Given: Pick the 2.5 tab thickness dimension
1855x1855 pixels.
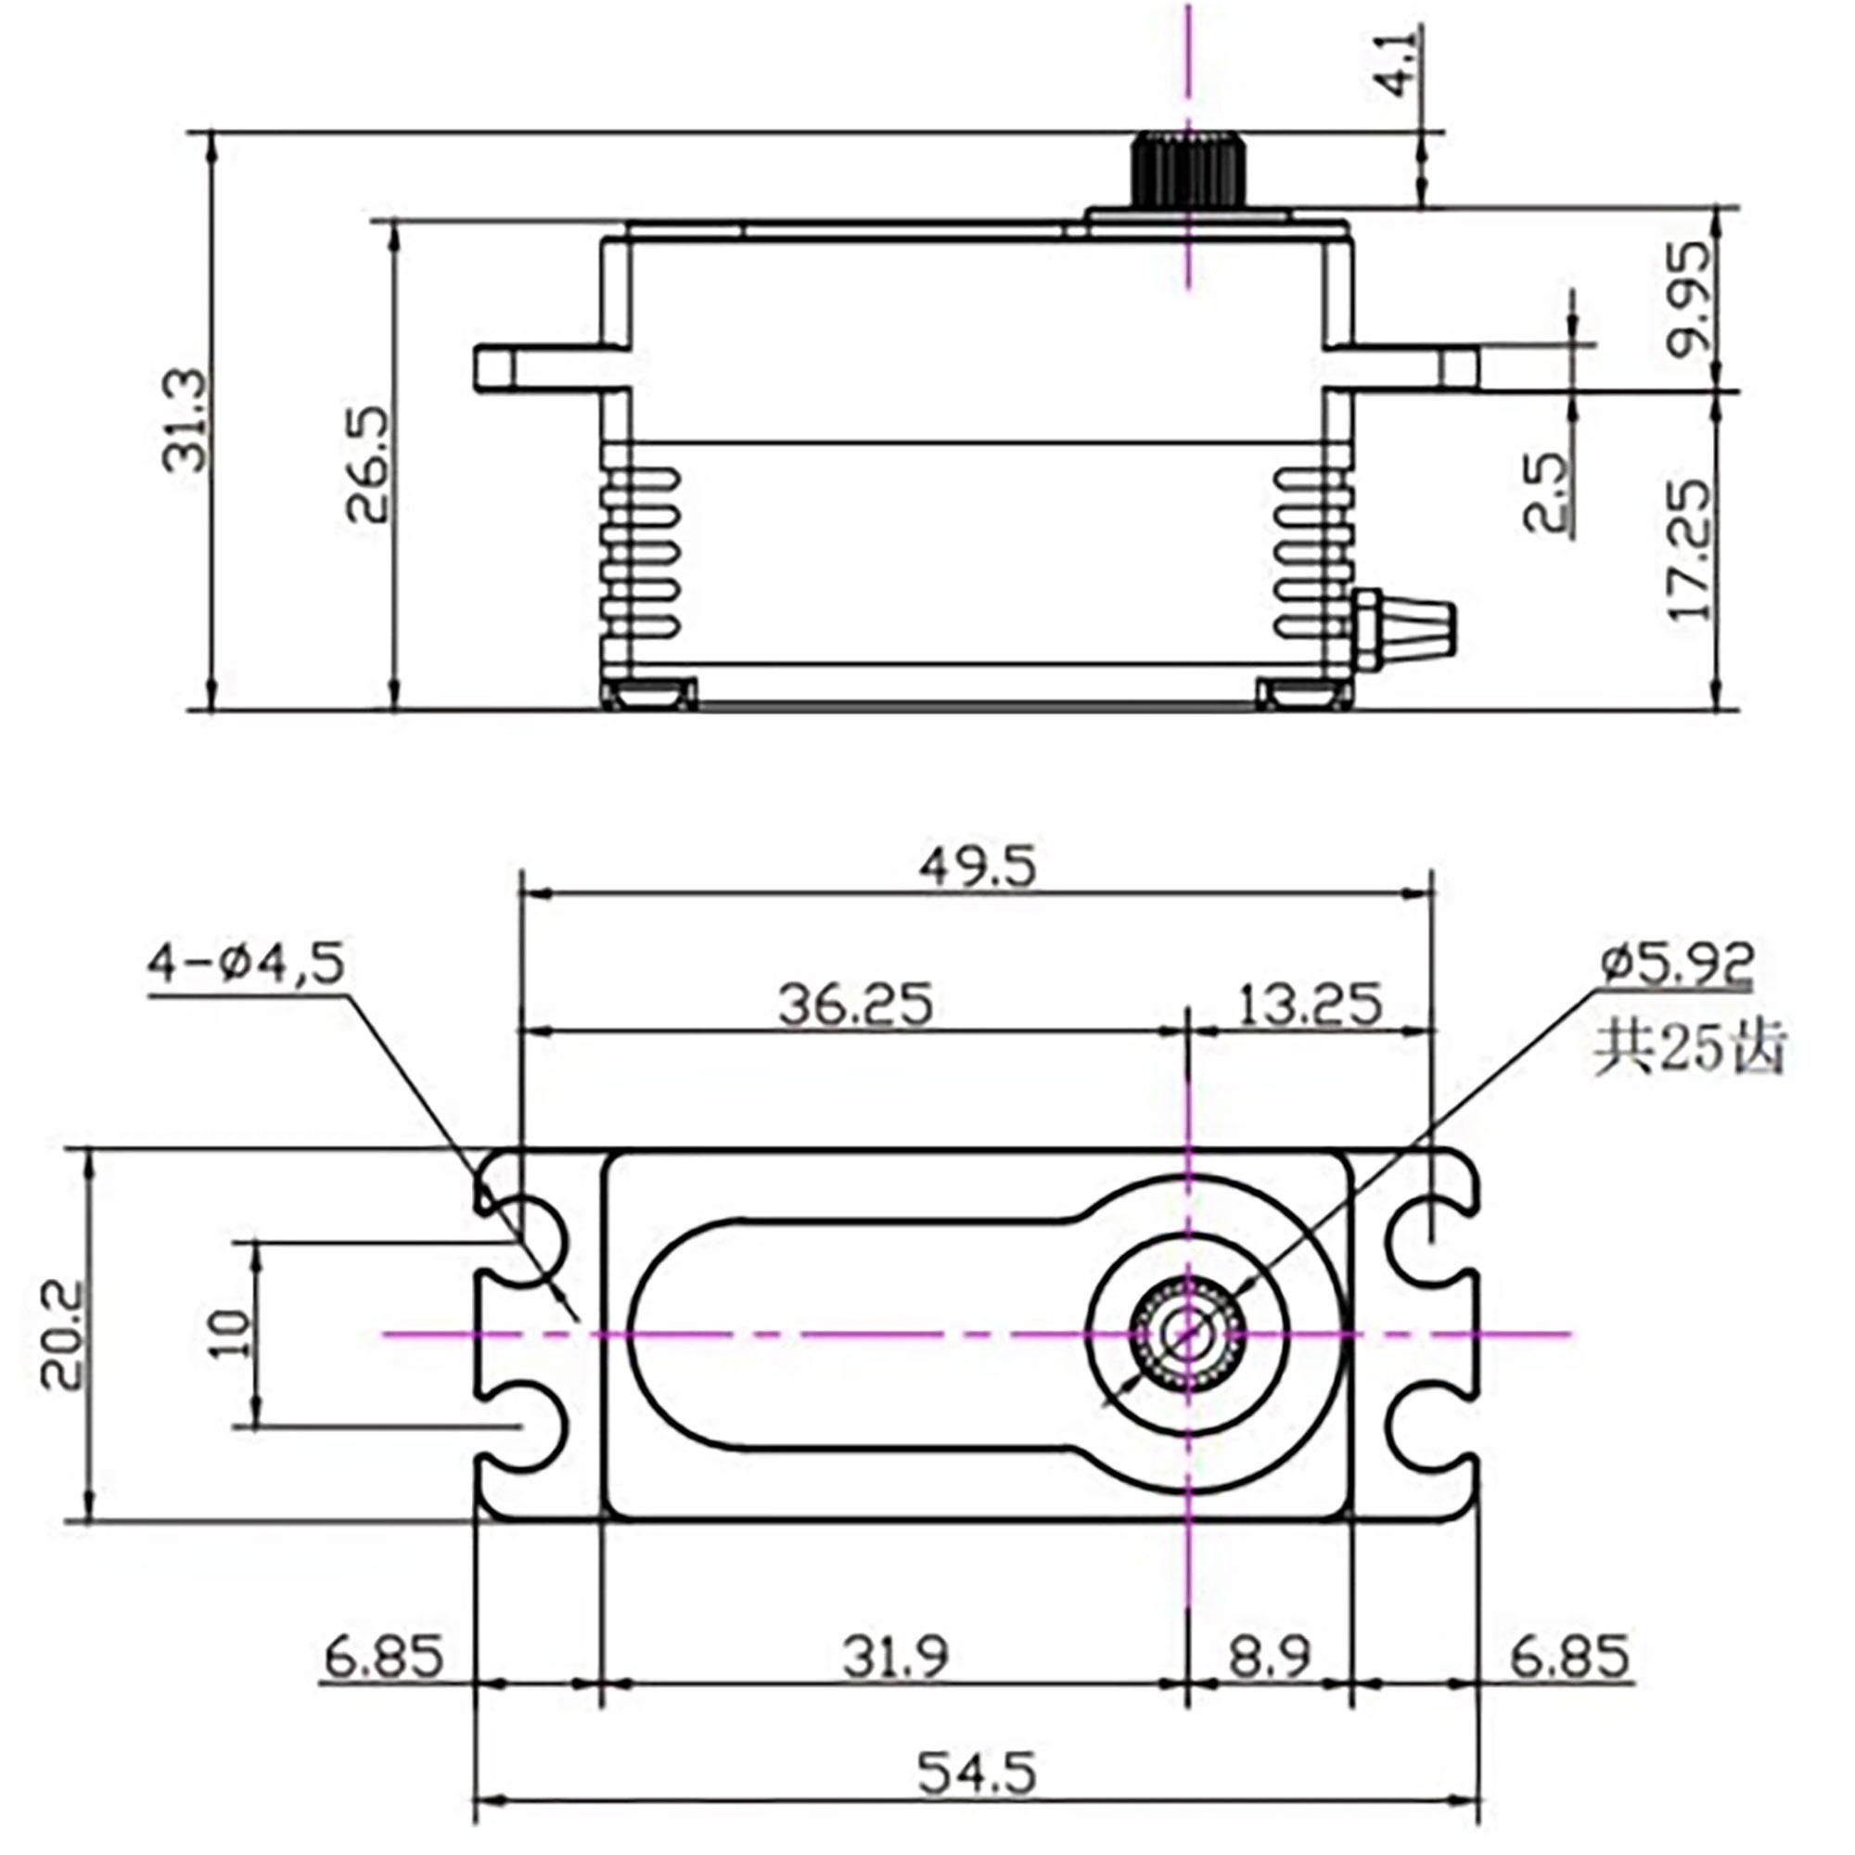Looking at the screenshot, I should point(1546,493).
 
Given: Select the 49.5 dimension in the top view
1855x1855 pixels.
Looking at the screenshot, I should point(978,869).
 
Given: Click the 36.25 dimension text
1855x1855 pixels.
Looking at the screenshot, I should point(854,1005).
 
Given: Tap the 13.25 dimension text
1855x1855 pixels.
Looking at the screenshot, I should point(1310,1005).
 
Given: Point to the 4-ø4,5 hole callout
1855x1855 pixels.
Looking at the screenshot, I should point(246,965).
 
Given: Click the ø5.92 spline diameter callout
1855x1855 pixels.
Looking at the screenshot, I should point(1676,965).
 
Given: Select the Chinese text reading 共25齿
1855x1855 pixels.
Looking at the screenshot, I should point(1688,1052).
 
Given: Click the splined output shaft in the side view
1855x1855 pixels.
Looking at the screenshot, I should point(1189,171).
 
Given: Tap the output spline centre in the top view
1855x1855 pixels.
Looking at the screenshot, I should point(1189,1335).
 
